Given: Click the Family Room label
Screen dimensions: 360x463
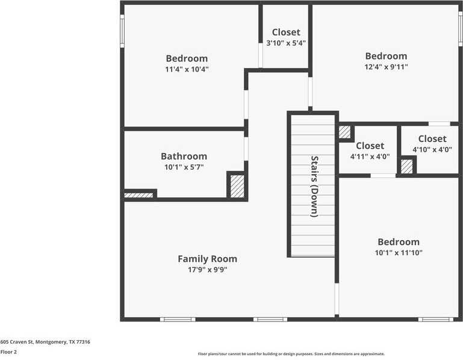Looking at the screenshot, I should tap(207, 259).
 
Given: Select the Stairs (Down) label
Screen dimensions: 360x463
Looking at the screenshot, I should tap(314, 186).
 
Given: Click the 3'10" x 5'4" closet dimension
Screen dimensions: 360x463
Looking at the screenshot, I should tap(286, 43).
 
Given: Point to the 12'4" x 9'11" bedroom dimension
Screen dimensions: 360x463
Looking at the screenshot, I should tap(386, 67).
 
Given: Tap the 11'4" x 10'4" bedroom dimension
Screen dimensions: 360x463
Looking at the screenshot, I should tap(187, 69).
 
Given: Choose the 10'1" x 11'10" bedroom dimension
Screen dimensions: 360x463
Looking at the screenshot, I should tap(398, 253).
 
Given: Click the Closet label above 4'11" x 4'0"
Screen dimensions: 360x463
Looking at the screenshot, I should tap(370, 146).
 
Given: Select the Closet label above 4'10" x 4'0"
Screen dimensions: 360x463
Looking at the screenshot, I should tap(432, 138).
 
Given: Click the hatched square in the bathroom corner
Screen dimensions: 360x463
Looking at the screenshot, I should tap(237, 186).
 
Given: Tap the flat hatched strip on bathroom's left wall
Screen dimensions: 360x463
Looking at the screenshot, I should tap(138, 195).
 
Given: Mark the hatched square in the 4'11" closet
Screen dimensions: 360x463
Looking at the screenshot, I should tap(344, 131).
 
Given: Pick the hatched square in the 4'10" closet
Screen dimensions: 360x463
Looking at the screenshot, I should tap(407, 166).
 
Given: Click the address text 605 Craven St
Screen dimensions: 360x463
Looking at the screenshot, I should tap(45, 342).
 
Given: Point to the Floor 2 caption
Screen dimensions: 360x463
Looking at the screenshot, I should tap(8, 352).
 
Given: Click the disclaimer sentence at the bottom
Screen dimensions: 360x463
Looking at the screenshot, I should tap(291, 354).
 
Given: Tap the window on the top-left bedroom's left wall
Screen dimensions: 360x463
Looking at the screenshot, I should tap(122, 32).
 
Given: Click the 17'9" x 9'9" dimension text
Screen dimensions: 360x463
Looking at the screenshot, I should tap(207, 270).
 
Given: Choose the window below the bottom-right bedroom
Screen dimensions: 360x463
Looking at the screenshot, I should tap(435, 319).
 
